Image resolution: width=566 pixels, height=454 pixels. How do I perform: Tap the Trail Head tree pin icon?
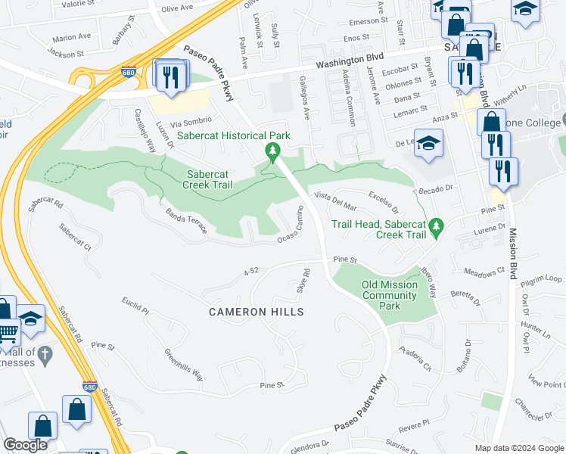pos(435,226)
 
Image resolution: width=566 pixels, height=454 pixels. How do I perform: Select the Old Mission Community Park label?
pos(390,295)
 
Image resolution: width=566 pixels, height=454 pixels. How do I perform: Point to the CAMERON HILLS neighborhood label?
pos(257,312)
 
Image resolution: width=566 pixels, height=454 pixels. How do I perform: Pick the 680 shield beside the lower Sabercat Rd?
pos(89,386)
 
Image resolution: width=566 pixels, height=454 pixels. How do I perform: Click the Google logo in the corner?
pos(25,445)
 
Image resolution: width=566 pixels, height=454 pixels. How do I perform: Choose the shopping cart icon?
pos(8,331)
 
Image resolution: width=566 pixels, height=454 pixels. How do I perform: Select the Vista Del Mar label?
pos(335,201)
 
